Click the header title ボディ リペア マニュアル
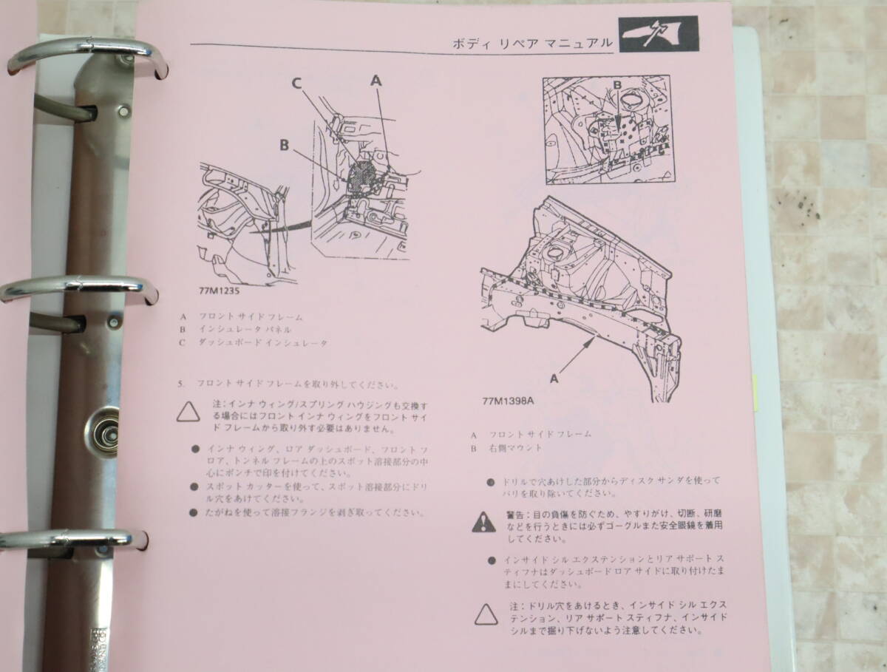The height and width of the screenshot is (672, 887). [533, 44]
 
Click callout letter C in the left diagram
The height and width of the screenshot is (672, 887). [297, 84]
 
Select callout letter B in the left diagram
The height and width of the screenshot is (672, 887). [284, 146]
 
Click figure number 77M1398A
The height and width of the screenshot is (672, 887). [508, 402]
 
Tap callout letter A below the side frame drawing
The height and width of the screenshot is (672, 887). [554, 378]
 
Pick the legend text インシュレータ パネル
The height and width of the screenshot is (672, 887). [244, 330]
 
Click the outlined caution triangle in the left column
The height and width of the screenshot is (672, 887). [188, 411]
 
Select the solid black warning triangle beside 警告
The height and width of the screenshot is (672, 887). [484, 522]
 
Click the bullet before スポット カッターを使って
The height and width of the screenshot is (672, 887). [194, 486]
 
